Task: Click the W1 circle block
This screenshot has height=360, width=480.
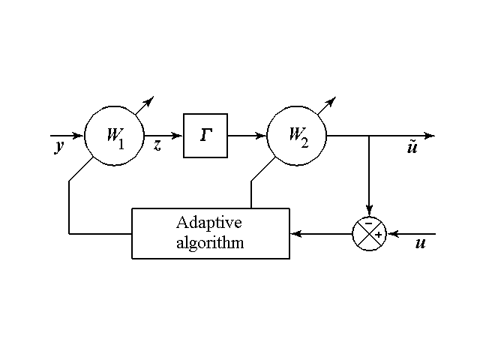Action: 114,136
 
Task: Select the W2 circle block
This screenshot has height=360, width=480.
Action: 297,136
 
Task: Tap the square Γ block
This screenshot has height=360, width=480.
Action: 205,136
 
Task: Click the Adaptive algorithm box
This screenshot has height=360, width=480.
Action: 210,233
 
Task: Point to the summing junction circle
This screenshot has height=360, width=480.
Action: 368,233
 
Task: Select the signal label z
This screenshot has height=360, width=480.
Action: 157,145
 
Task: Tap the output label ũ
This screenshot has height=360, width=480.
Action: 412,148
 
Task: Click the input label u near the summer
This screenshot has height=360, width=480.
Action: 420,244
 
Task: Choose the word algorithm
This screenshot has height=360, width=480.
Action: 210,243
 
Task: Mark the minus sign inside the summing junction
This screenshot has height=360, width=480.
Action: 368,223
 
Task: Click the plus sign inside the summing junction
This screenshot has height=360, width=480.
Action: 378,234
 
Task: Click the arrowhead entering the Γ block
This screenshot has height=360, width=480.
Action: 178,136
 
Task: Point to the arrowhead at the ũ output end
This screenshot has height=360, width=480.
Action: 430,136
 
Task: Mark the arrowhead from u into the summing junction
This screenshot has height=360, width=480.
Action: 390,233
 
